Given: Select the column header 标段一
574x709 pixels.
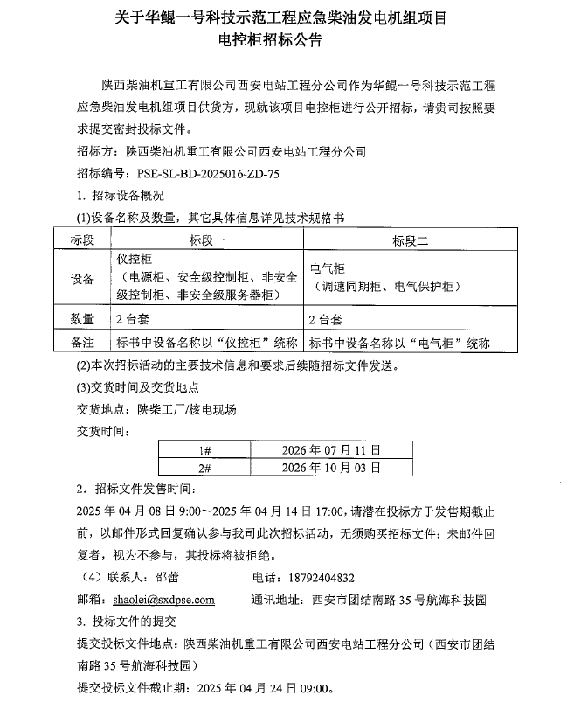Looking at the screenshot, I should [x=207, y=240].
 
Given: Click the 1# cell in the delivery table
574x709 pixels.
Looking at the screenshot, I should [x=205, y=450].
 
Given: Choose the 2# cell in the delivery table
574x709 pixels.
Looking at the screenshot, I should [x=205, y=468].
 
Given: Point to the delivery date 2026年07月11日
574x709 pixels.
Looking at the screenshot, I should [x=331, y=450].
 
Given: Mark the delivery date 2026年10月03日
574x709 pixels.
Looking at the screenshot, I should [x=331, y=468].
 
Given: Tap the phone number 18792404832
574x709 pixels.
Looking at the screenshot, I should [x=315, y=578].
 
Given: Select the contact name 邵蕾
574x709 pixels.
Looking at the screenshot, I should [x=167, y=578].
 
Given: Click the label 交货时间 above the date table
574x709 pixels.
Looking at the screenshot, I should [x=104, y=430].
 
